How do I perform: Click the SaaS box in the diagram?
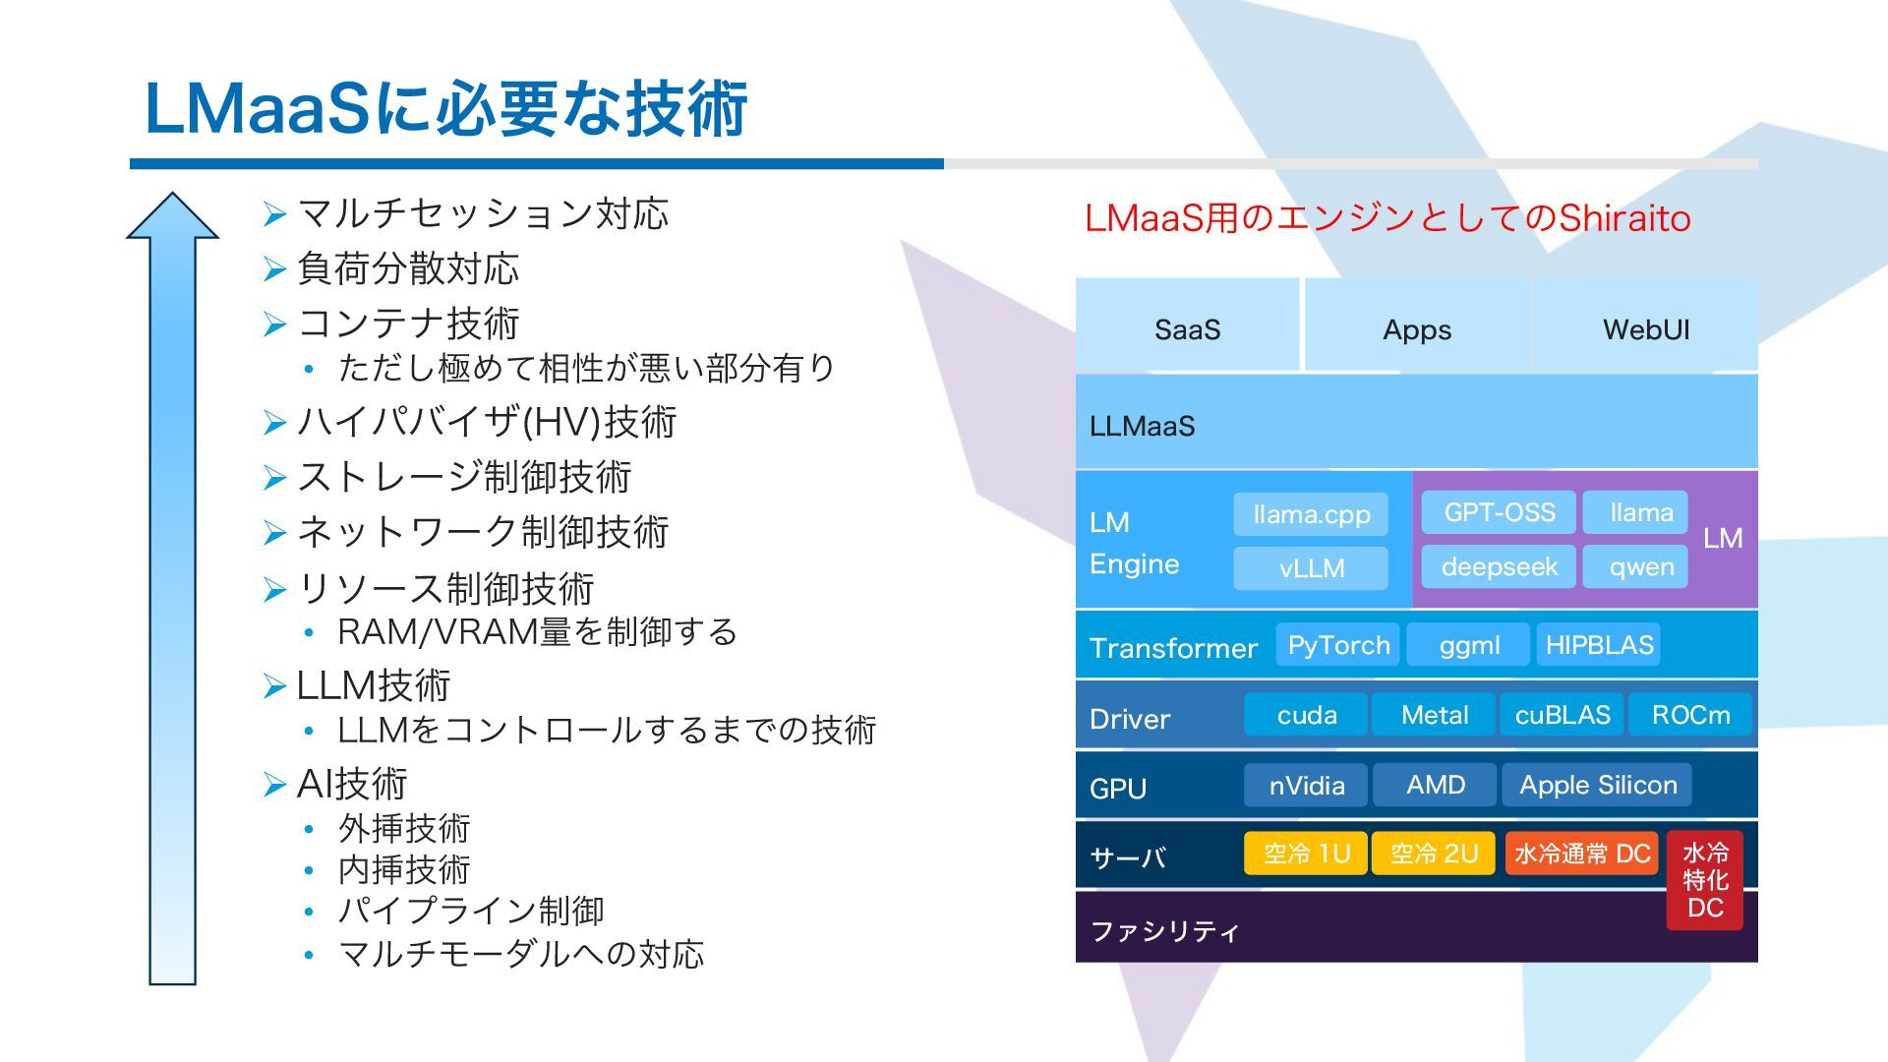pyautogui.click(x=1187, y=325)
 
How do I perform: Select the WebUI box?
pyautogui.click(x=1645, y=325)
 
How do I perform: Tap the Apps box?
pyautogui.click(x=1416, y=325)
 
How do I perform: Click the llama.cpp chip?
pyautogui.click(x=1311, y=514)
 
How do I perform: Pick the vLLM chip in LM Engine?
pyautogui.click(x=1311, y=568)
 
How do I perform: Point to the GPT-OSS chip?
pyautogui.click(x=1499, y=512)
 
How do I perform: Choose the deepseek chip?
pyautogui.click(x=1499, y=566)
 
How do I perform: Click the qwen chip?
pyautogui.click(x=1640, y=566)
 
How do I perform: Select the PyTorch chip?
pyautogui.click(x=1337, y=645)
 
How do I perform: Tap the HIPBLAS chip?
pyautogui.click(x=1599, y=645)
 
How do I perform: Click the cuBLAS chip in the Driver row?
pyautogui.click(x=1562, y=715)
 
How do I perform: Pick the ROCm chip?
pyautogui.click(x=1690, y=715)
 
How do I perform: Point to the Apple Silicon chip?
pyautogui.click(x=1598, y=785)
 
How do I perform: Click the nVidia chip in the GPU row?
pyautogui.click(x=1306, y=785)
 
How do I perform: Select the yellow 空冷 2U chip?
pyautogui.click(x=1433, y=853)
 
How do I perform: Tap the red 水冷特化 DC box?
pyautogui.click(x=1704, y=880)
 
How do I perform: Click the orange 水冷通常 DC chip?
pyautogui.click(x=1581, y=853)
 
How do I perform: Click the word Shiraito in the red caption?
pyautogui.click(x=1624, y=218)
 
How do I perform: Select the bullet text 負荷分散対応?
pyautogui.click(x=408, y=268)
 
